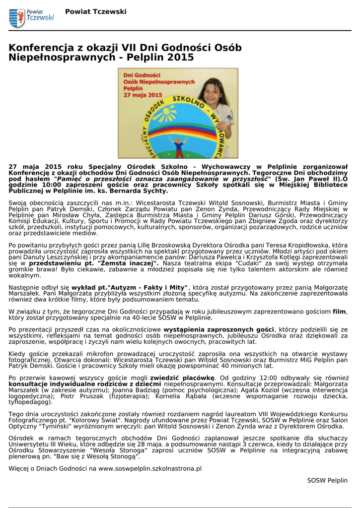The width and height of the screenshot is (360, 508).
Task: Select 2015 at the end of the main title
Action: pos(181,58)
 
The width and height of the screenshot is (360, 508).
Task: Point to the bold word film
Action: pos(339,311)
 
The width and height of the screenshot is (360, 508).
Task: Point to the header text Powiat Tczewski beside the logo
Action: pos(96,11)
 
